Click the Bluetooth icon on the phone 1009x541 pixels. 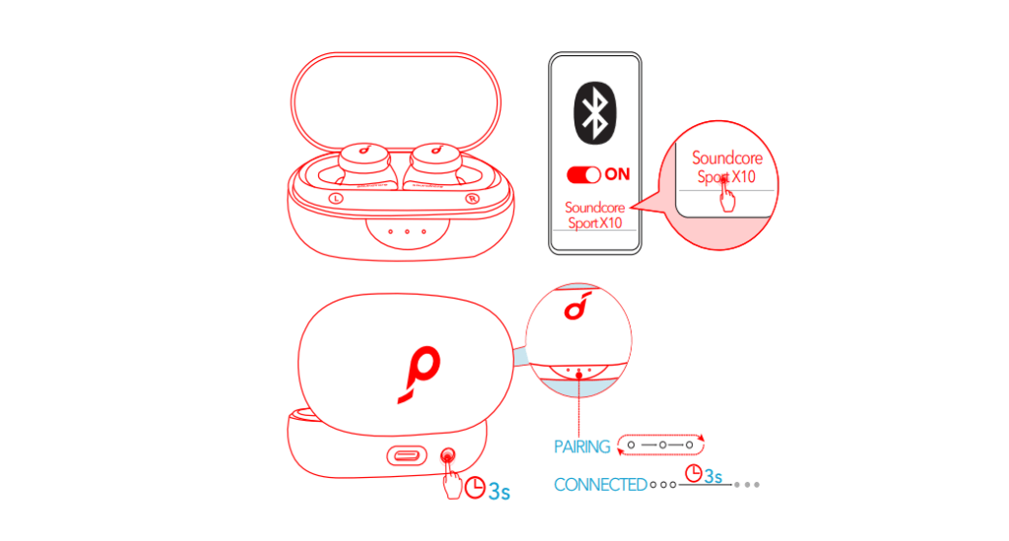click(594, 113)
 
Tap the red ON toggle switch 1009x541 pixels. click(583, 174)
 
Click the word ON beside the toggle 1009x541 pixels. click(617, 173)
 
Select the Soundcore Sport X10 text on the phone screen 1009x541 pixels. click(594, 215)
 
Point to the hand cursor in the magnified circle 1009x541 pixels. click(726, 195)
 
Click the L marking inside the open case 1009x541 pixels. click(336, 199)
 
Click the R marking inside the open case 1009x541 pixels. click(472, 199)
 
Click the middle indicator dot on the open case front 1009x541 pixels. click(407, 231)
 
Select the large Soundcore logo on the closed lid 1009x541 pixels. click(420, 373)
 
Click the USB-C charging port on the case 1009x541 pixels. click(407, 456)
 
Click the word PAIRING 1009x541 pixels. click(581, 446)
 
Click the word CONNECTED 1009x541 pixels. click(600, 485)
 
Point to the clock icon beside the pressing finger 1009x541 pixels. click(475, 488)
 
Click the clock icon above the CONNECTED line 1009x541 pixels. click(693, 473)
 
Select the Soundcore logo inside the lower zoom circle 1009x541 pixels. click(577, 305)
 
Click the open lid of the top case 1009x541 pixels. click(396, 102)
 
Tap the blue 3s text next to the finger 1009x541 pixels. click(500, 492)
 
